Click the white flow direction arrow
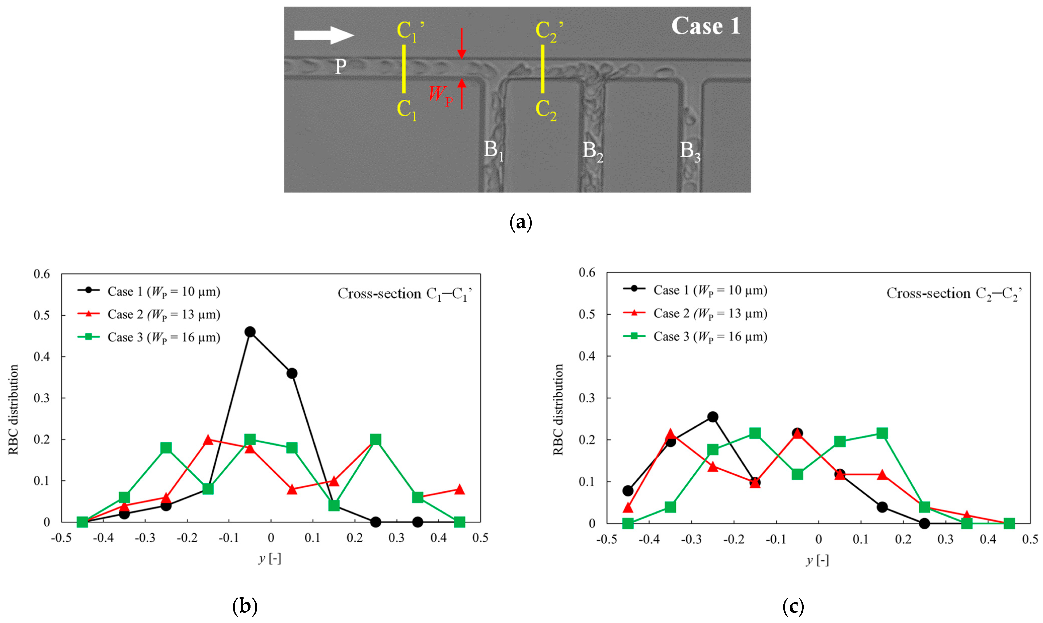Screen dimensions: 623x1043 point(324,35)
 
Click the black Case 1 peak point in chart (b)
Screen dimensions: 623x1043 point(250,332)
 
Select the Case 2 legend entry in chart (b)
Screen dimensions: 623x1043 point(149,314)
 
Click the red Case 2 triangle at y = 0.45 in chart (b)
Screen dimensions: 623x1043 point(459,489)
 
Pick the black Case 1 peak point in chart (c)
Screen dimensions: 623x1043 point(712,417)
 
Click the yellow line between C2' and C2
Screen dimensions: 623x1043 point(542,69)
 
